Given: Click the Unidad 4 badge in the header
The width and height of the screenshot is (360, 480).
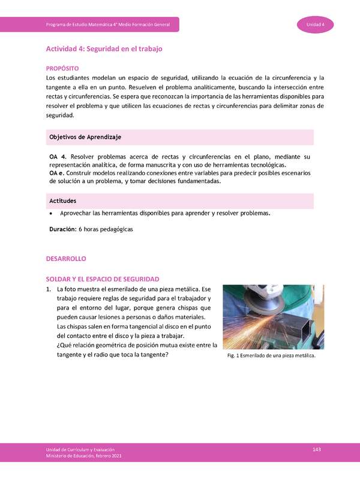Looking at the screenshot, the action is pos(316,24).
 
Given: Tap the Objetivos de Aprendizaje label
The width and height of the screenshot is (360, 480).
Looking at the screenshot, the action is pos(85,137).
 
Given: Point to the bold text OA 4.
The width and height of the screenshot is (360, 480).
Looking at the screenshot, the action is pos(57,157).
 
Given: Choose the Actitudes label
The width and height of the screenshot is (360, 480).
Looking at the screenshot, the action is pos(62,200).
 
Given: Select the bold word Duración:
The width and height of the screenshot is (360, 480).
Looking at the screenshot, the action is pos(62,229).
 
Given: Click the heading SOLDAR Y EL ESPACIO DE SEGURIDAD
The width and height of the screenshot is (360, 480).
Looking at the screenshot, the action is pos(103,279).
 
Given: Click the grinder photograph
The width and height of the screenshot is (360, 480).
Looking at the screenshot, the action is pos(273,316).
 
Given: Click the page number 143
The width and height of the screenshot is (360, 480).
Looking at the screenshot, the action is pos(317,450).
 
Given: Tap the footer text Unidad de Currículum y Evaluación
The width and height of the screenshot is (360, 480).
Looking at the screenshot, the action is pos(80,450).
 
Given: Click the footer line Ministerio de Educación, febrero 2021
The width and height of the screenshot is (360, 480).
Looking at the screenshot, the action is pos(84,457).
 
